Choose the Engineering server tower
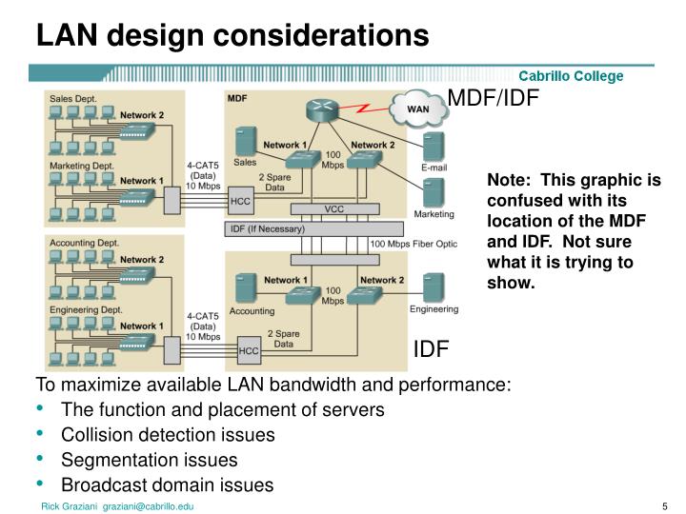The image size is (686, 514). pos(434,286)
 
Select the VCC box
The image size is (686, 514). pos(333,208)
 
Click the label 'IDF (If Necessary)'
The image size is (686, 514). pos(268,229)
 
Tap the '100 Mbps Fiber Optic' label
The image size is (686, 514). pos(414,245)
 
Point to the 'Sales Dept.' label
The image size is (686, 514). pos(73,97)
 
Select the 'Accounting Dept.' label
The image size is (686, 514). pos(84,242)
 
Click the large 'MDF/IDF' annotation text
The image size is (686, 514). pos(494,98)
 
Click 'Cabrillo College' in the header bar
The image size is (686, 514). pos(571,75)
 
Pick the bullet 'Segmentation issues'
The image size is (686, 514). pos(150,460)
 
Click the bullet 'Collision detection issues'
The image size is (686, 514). pos(168,435)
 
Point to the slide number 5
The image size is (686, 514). pos(663,506)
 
